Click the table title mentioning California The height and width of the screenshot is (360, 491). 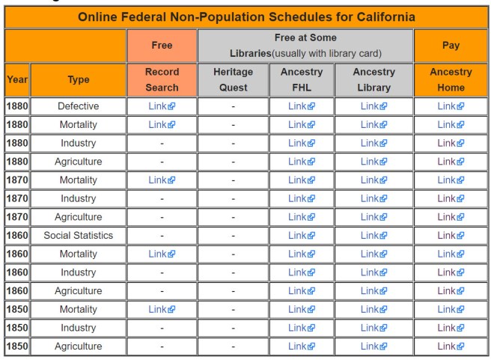(x=246, y=16)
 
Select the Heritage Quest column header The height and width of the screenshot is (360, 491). (x=233, y=79)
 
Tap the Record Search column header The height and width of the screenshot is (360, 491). (x=162, y=79)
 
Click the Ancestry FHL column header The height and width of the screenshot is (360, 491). (x=301, y=79)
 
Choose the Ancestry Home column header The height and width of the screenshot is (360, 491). (x=450, y=79)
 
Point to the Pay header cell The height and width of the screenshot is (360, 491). (x=450, y=45)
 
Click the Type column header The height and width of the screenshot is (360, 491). (x=78, y=79)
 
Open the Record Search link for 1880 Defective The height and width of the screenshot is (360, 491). (x=161, y=106)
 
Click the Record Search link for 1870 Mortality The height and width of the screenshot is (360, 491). (x=161, y=180)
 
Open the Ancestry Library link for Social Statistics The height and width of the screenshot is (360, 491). (x=373, y=235)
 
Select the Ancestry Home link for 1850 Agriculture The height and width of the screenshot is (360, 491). (x=450, y=346)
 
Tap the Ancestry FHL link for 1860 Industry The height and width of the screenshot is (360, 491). (x=301, y=272)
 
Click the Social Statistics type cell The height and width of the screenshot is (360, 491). (x=78, y=235)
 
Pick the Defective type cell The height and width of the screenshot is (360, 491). (x=78, y=106)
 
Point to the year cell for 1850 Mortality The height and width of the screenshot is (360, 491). (x=17, y=309)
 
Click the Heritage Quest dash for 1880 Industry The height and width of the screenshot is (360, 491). (x=233, y=143)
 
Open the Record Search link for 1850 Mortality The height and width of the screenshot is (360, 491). (x=161, y=309)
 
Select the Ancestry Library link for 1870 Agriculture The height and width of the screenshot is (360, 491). (x=373, y=217)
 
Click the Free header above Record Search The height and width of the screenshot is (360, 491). (x=162, y=45)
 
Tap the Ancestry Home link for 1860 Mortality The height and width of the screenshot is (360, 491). (x=450, y=254)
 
